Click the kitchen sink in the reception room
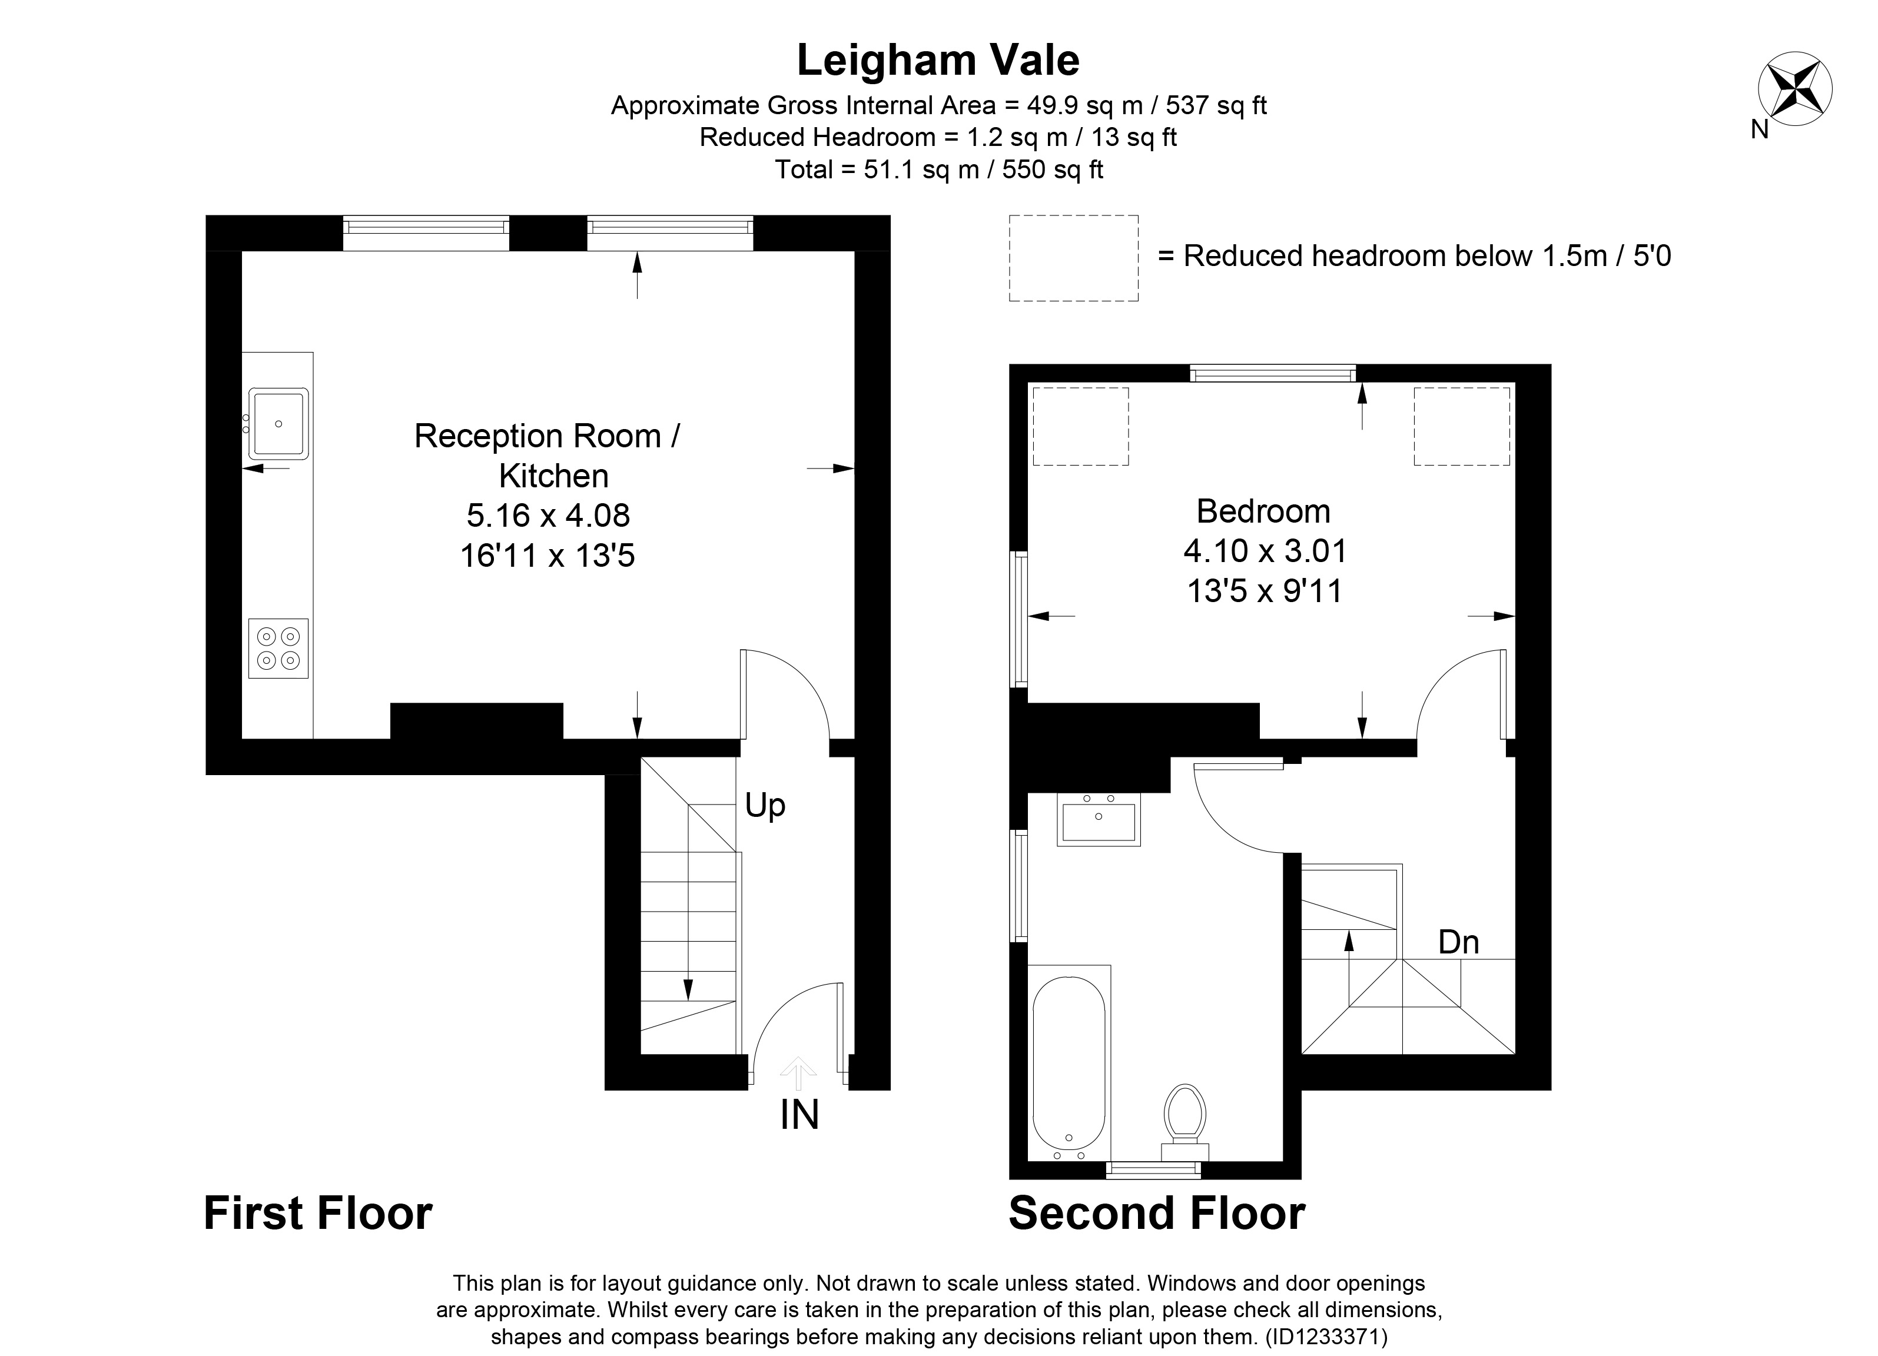(x=279, y=424)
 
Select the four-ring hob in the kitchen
(x=278, y=648)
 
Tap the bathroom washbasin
(x=1098, y=819)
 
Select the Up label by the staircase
(x=764, y=805)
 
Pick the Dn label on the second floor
(x=1458, y=942)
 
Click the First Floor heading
(x=318, y=1214)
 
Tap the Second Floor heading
(x=1157, y=1214)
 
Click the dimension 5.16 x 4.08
(x=548, y=516)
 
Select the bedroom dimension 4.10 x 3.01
(x=1265, y=550)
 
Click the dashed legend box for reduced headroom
(x=1073, y=257)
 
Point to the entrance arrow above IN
(x=798, y=1073)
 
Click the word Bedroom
(x=1263, y=511)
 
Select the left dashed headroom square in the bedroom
(x=1081, y=426)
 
